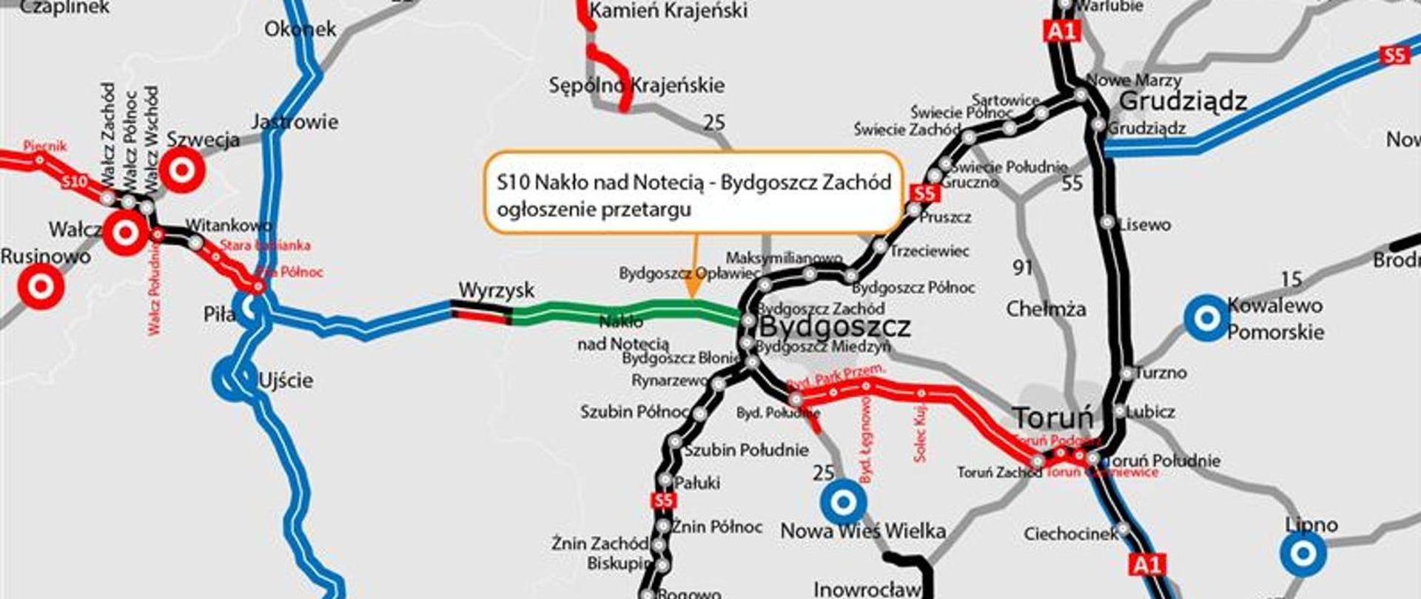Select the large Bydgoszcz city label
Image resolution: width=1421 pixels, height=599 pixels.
[835, 326]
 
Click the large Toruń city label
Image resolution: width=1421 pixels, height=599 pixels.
[1052, 418]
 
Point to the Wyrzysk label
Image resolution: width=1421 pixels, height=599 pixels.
[496, 290]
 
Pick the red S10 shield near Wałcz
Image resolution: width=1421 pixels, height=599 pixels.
[75, 182]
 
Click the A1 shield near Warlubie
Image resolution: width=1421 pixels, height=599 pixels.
[1061, 31]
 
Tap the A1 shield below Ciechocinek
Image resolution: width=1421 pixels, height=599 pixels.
[1147, 566]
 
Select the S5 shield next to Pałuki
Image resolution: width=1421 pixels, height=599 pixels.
[664, 501]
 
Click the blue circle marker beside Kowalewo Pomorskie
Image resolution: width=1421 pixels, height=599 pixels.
[1206, 318]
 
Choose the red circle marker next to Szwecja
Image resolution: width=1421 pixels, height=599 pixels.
[181, 170]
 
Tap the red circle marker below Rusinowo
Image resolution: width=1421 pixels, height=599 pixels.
[41, 286]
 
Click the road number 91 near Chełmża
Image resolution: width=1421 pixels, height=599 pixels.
[1023, 267]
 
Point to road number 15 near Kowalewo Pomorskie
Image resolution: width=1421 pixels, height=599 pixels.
[1291, 279]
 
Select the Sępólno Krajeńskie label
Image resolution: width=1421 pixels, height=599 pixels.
[636, 85]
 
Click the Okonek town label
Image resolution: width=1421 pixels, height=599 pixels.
[300, 30]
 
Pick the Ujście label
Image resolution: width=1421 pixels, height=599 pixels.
[286, 380]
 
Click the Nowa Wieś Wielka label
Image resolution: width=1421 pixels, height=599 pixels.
[863, 531]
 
